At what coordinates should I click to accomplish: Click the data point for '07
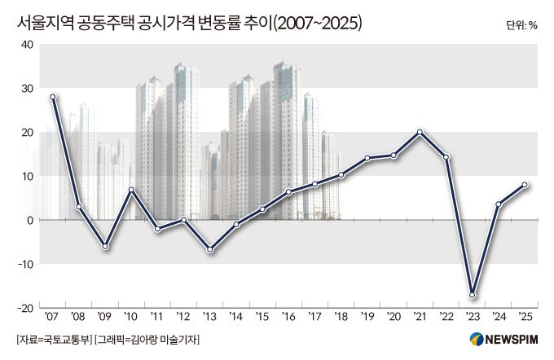[x=53, y=97]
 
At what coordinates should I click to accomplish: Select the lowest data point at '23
[x=472, y=295]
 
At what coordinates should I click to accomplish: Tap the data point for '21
[x=420, y=132]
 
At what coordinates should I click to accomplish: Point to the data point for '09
[x=105, y=246]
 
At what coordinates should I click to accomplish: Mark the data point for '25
[x=525, y=185]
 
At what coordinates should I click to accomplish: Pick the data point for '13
[x=210, y=249]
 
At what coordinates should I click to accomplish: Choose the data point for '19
[x=367, y=158]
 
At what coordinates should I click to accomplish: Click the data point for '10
[x=131, y=190]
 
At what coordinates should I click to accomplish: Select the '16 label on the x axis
[x=288, y=317]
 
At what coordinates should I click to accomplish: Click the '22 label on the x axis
[x=446, y=317]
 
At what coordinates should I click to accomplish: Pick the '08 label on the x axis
[x=78, y=317]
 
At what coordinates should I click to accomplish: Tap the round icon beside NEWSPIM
[x=477, y=339]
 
